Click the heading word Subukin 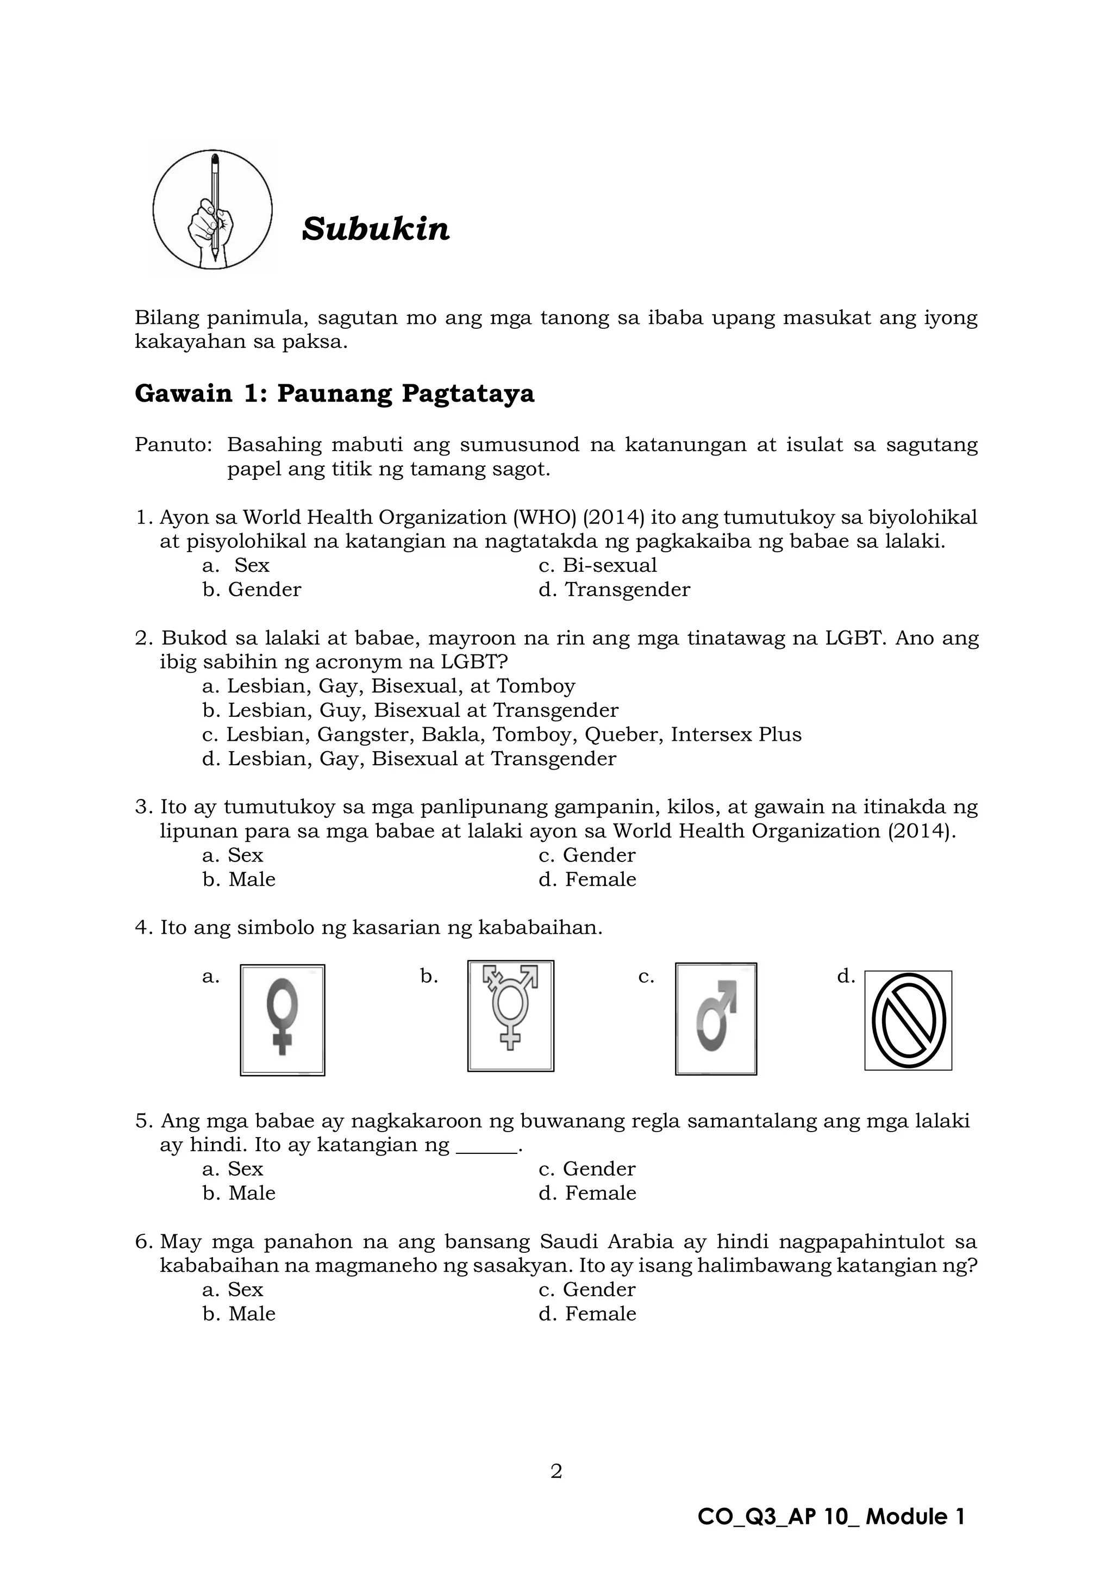click(x=376, y=229)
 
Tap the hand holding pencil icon click(x=212, y=209)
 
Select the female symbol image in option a click(x=283, y=1020)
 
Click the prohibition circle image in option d click(x=908, y=1020)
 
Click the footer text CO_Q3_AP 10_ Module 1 click(x=830, y=1516)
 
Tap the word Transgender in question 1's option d click(x=627, y=590)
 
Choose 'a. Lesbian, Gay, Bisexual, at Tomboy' click(x=389, y=686)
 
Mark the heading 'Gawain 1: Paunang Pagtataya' click(x=334, y=394)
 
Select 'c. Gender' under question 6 click(x=587, y=1290)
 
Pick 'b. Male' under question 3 click(x=239, y=879)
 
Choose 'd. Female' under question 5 click(x=587, y=1193)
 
